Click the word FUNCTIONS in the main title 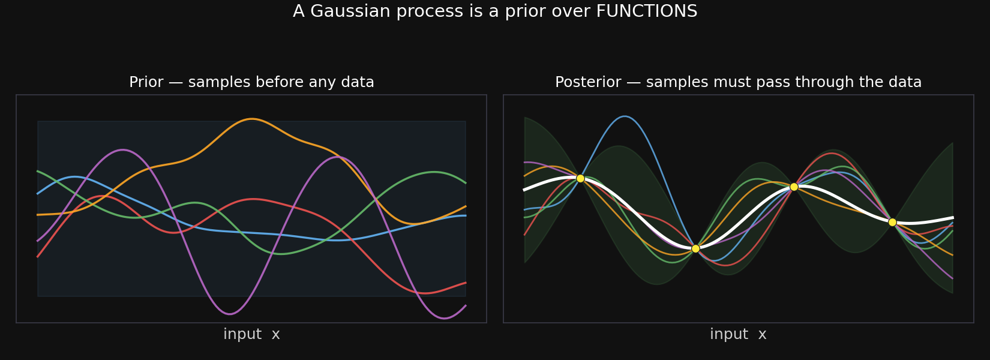(x=647, y=11)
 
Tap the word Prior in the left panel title (x=146, y=82)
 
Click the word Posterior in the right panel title (x=588, y=82)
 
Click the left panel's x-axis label (x=251, y=334)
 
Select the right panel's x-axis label (x=738, y=334)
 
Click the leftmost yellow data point (x=580, y=178)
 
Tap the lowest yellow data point (x=695, y=248)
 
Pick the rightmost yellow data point (x=892, y=222)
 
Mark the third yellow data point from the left (x=794, y=187)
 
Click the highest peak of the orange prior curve (x=251, y=119)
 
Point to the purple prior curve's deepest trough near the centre (x=230, y=314)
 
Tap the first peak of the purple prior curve (x=122, y=150)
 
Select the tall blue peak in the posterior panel (x=624, y=116)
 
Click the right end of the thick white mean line (x=953, y=218)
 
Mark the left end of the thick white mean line (x=524, y=190)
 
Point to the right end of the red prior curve (x=466, y=283)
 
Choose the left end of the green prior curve (x=38, y=172)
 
